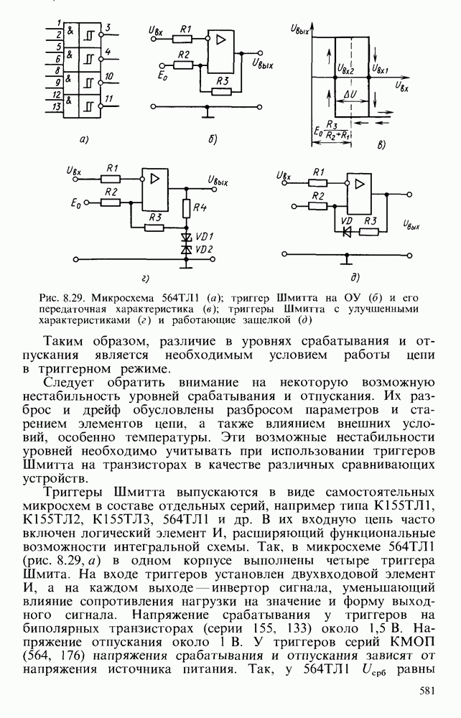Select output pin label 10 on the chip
coord(108,75)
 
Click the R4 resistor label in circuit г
coord(200,208)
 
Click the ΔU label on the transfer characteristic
coord(351,94)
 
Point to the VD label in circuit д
coord(347,221)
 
